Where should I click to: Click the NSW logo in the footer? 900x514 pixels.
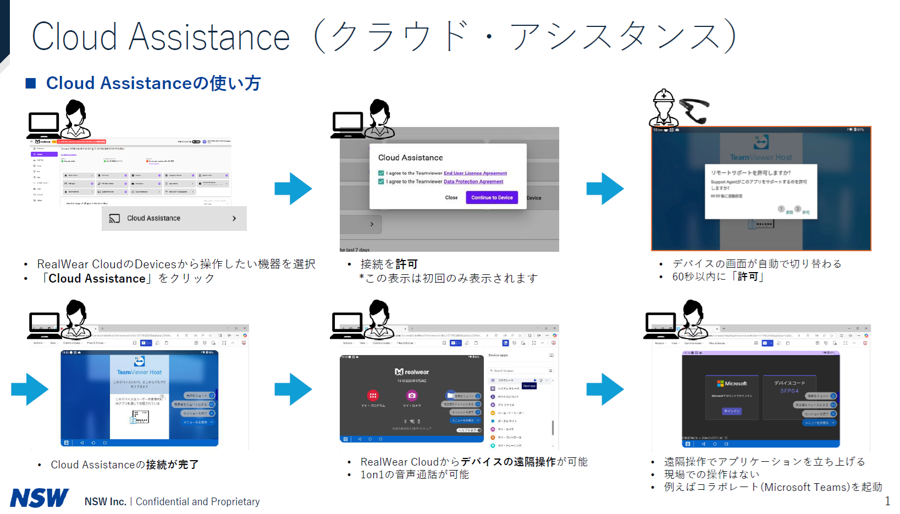click(40, 498)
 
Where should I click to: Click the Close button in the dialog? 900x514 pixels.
click(451, 198)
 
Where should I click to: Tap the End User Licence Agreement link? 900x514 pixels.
click(475, 173)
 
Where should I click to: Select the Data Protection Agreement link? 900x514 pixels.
click(473, 181)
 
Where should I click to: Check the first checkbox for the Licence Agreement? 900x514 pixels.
click(381, 173)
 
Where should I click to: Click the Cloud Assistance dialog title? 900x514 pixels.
click(410, 158)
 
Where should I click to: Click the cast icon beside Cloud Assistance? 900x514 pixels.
click(114, 218)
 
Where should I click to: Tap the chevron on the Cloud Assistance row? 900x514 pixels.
click(234, 218)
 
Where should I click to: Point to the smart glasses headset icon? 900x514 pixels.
click(694, 110)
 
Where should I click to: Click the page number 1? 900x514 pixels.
click(887, 501)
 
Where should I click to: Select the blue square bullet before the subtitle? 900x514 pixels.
click(31, 83)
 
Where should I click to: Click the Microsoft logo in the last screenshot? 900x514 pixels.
click(720, 384)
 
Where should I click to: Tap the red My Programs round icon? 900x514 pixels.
click(373, 395)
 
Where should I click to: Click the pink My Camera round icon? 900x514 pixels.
click(411, 395)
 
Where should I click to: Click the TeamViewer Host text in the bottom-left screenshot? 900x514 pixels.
click(139, 372)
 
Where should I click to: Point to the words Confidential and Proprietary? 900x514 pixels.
click(197, 501)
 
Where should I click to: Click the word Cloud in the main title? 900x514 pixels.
click(74, 37)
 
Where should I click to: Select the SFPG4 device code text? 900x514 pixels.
click(789, 391)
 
